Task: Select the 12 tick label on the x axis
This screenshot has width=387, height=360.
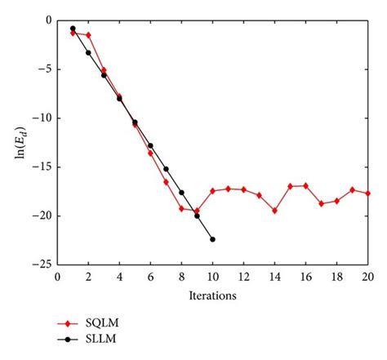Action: tap(243, 277)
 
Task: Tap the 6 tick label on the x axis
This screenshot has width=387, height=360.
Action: tap(150, 277)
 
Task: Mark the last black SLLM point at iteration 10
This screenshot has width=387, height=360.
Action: tap(212, 239)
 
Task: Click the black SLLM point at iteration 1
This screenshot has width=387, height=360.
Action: tap(73, 29)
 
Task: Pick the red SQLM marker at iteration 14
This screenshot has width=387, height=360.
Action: tap(274, 211)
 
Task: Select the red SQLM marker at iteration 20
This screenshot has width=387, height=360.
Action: tap(367, 193)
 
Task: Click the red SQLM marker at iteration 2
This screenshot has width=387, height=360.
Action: tap(88, 35)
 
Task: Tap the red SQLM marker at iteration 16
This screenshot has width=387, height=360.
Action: tap(305, 185)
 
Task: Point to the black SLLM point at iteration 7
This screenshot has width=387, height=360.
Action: tap(166, 169)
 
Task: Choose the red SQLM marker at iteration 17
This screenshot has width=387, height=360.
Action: tap(321, 203)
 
